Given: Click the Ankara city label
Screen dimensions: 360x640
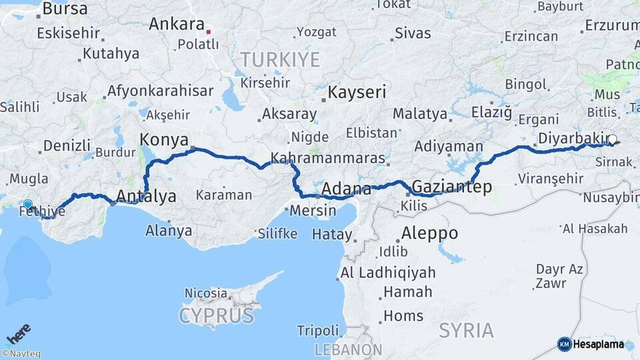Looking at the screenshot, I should (176, 24).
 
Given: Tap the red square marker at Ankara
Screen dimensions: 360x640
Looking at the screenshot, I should (209, 31).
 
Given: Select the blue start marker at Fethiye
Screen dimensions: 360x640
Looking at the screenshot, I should (27, 205).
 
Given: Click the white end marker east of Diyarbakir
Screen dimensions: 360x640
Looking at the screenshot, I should (612, 139).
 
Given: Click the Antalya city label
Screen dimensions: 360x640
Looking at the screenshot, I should (146, 196).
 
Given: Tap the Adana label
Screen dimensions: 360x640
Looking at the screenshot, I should (346, 189).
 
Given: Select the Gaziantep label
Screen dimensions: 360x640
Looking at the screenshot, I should (452, 186).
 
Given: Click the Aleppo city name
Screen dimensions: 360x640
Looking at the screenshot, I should (429, 233).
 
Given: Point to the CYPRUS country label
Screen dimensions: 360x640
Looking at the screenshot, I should (216, 315).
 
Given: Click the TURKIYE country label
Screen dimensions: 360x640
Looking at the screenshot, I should (280, 59).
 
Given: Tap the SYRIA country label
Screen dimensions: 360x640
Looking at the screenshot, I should (467, 330).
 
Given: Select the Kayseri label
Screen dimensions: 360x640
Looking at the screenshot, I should (357, 91).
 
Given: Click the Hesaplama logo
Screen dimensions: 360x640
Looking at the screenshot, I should (591, 344).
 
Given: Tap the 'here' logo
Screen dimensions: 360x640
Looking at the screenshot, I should (19, 333).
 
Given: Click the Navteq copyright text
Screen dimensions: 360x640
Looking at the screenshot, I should (21, 354).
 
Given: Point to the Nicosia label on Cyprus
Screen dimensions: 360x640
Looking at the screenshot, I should (206, 293).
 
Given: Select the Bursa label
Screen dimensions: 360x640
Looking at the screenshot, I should (65, 9).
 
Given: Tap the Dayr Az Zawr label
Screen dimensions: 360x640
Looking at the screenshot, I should (559, 276).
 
